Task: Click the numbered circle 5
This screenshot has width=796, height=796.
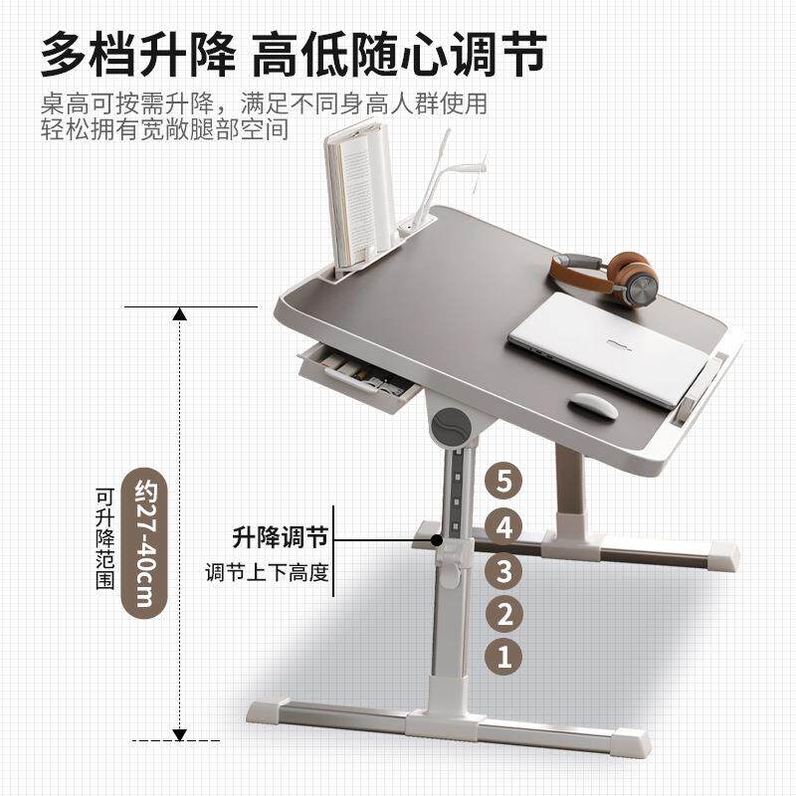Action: pos(503,481)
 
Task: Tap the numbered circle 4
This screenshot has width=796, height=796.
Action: pos(503,527)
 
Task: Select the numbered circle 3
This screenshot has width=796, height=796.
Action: pos(503,570)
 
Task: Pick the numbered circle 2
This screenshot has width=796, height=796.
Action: pos(504,614)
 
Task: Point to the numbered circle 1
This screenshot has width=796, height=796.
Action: pos(504,657)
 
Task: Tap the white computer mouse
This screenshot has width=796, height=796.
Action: pos(593,406)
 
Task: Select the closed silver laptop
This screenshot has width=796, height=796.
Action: pos(609,347)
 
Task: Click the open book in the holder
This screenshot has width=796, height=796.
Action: pos(359,193)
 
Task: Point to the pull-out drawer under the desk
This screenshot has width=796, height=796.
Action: pos(358,376)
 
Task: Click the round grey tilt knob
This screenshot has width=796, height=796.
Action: pos(450,426)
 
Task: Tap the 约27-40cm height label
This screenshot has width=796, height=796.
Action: pos(145,542)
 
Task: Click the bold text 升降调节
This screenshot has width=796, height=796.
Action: pos(281,537)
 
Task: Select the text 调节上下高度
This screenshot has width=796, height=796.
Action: pos(267,573)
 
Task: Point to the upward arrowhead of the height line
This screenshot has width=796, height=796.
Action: pos(179,314)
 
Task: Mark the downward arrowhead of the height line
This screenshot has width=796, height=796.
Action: pos(179,734)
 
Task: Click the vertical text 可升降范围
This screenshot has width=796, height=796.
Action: pos(105,538)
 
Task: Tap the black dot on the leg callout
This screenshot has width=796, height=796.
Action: pos(436,539)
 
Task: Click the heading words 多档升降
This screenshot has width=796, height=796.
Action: pos(138,54)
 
